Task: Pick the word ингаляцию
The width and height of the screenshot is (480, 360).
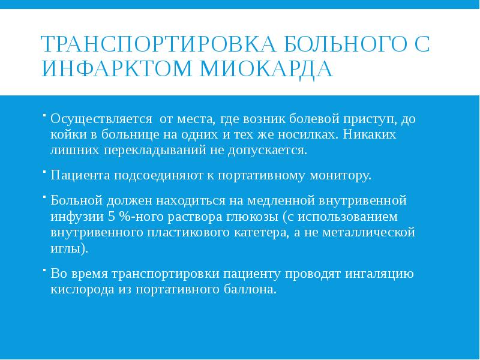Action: pos(379,274)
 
